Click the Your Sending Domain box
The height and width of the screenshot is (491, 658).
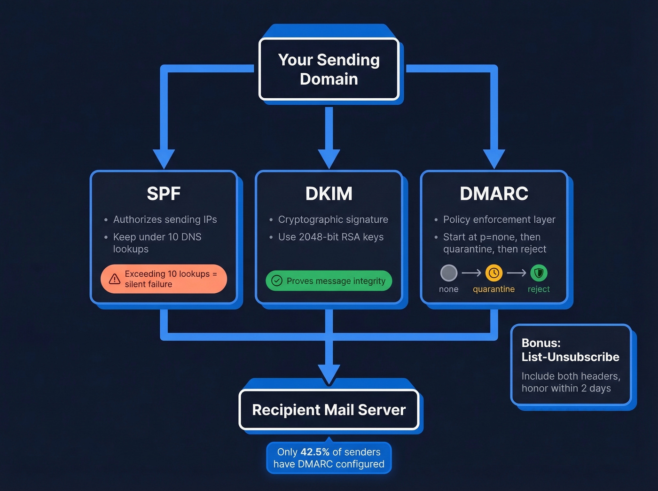329,69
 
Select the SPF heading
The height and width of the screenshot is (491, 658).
164,194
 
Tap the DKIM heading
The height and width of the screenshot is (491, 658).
329,194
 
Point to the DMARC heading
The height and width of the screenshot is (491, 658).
494,194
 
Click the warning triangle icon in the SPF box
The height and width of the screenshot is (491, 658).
115,279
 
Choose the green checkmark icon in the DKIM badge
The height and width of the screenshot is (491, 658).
277,281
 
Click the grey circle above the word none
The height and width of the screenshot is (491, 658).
449,273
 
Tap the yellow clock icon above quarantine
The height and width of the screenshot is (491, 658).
494,273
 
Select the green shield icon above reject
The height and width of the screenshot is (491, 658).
539,273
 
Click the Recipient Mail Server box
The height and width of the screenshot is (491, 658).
329,410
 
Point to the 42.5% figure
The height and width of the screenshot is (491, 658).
315,452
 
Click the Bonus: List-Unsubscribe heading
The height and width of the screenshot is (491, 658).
570,350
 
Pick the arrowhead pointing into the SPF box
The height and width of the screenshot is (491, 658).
164,159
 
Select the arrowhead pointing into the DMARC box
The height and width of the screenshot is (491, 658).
494,159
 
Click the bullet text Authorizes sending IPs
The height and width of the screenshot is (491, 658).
165,219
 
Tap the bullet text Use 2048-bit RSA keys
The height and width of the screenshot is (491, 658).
331,237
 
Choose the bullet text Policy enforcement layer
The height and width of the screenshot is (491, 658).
499,219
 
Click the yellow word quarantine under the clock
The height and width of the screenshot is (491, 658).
493,289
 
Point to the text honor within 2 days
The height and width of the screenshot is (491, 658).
566,388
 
